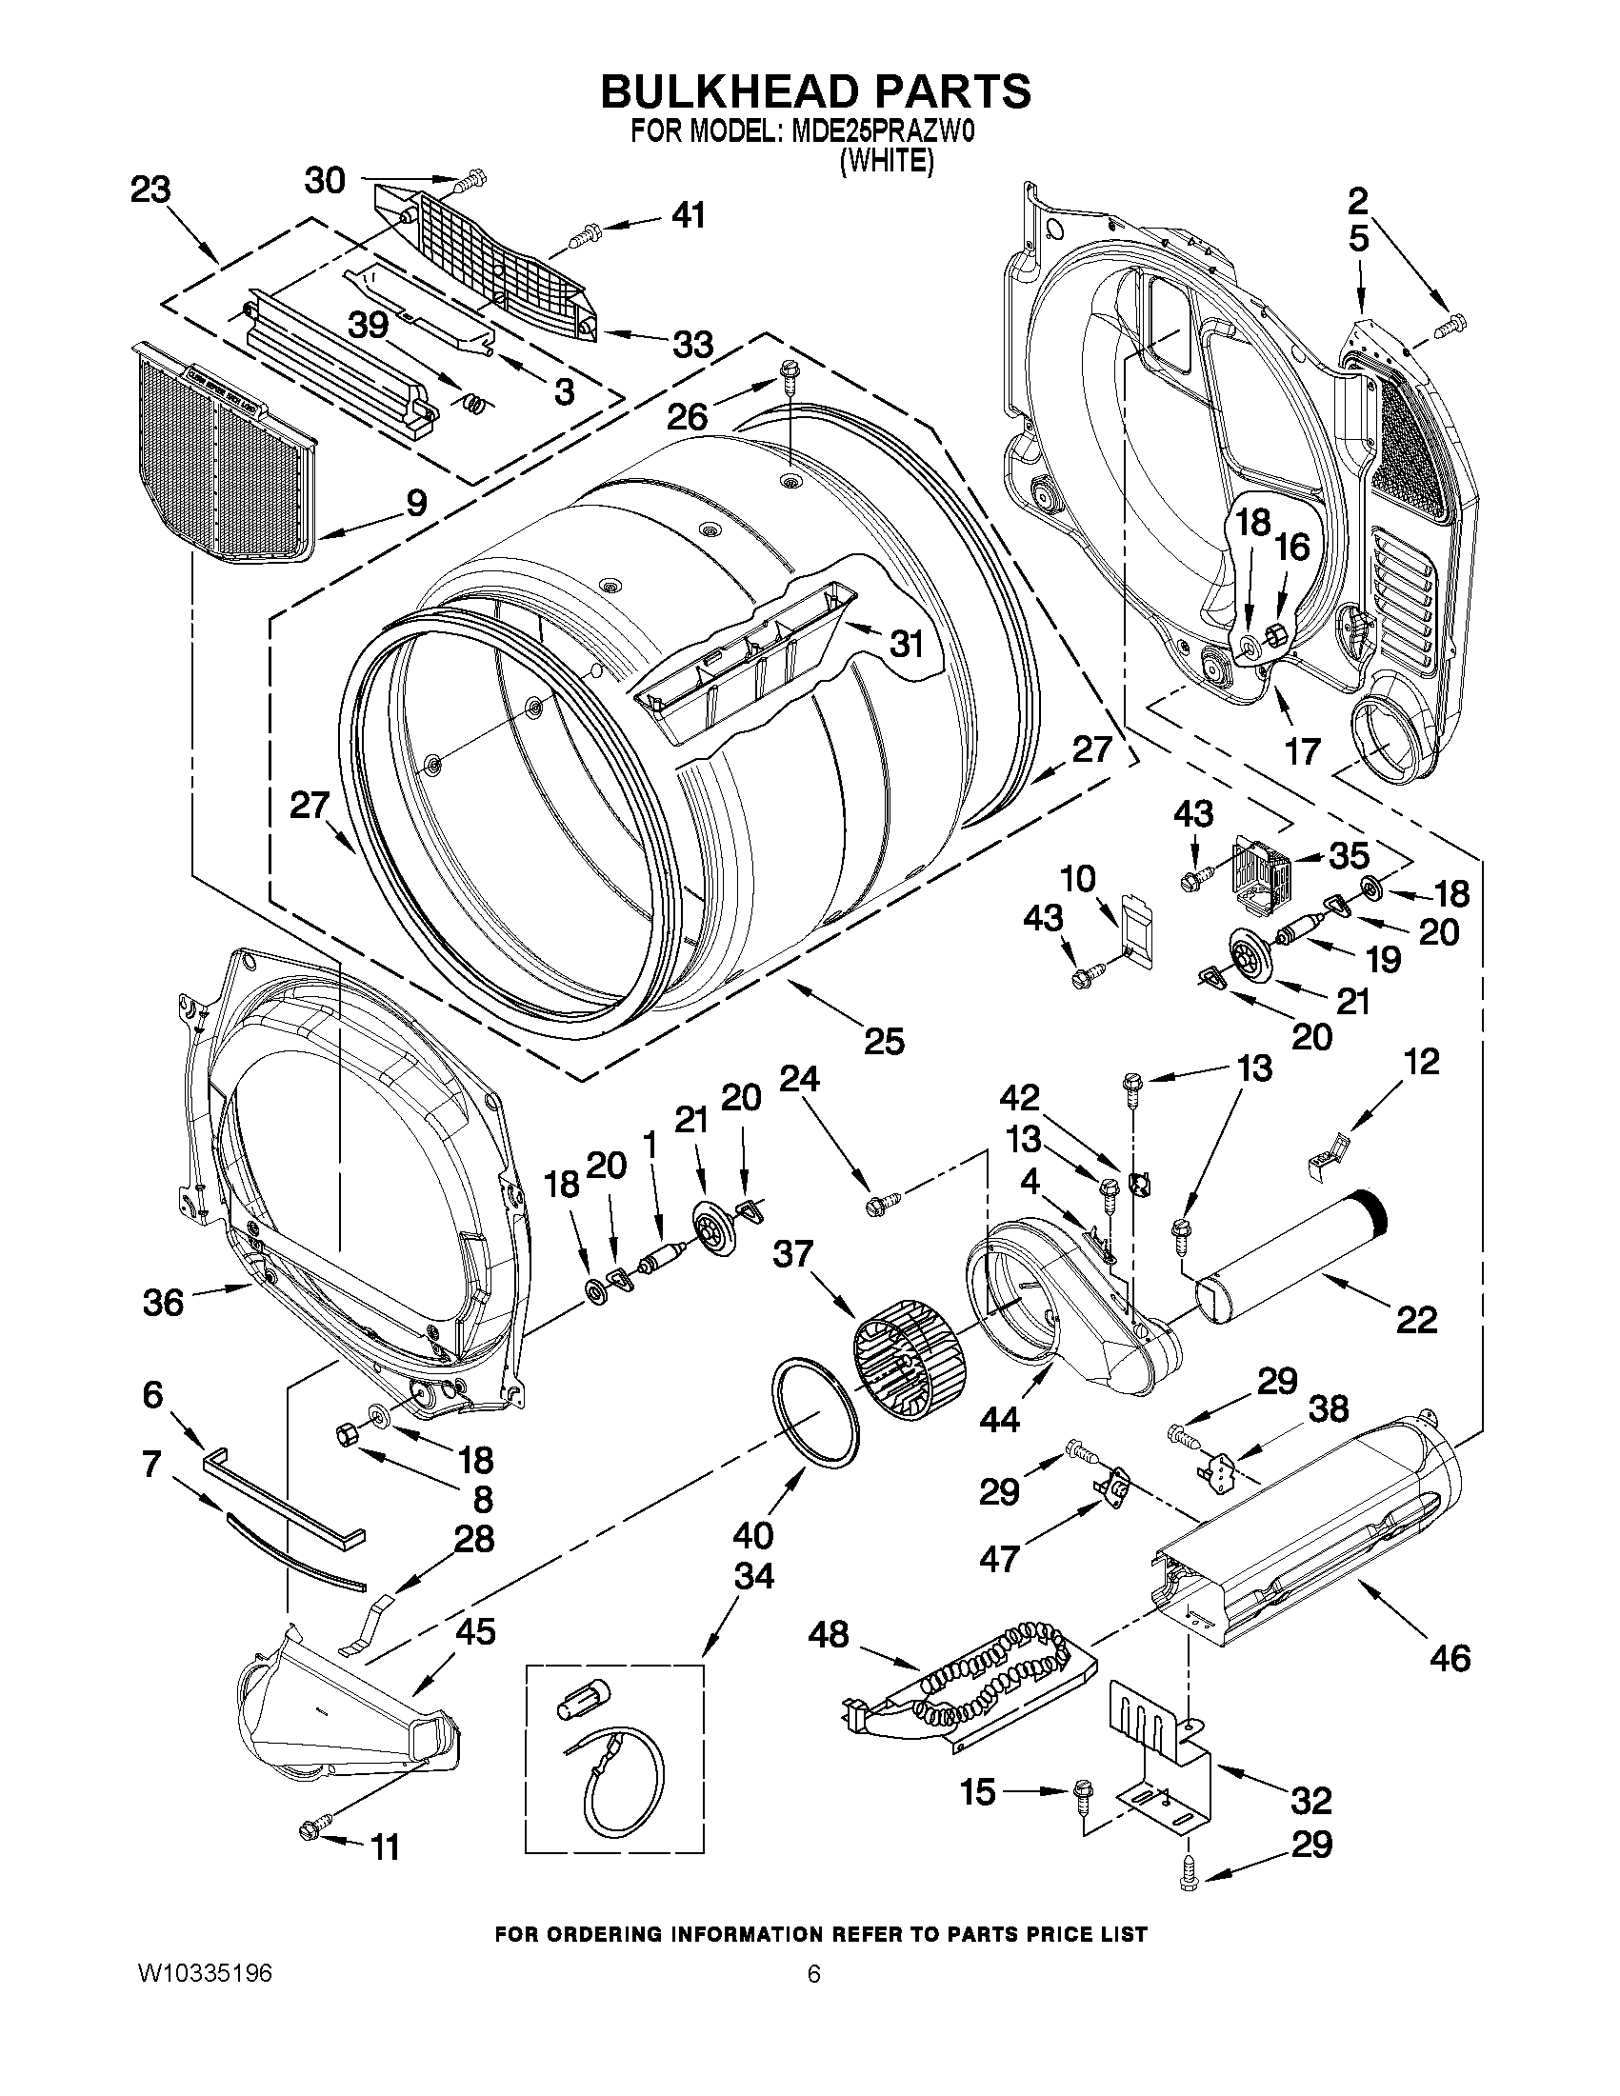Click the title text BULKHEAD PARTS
coord(815,91)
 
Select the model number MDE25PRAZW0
coord(873,132)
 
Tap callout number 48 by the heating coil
coord(829,1633)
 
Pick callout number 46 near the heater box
coord(1450,1656)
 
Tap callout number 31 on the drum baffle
coord(905,643)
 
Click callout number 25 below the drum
coord(883,1040)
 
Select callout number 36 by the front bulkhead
coord(162,1303)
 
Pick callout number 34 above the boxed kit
coord(753,1575)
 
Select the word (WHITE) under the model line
coord(886,162)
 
